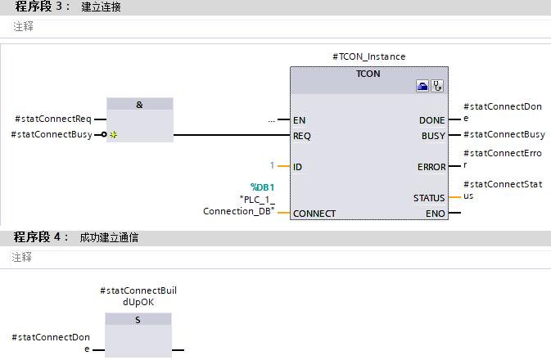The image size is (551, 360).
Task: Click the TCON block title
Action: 368,73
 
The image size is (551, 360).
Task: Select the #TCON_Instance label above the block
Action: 368,56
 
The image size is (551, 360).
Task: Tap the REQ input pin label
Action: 302,135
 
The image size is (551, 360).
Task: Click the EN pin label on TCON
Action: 299,120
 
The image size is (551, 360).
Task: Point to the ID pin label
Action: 298,167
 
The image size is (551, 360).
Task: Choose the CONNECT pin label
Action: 314,214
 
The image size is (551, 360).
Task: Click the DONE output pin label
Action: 432,120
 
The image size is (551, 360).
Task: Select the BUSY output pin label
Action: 433,135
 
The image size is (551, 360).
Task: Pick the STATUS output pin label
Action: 429,198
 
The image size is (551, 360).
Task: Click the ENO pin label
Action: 436,214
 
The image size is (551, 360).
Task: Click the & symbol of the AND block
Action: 139,105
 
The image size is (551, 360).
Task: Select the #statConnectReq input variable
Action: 54,120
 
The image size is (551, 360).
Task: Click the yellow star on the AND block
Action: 114,135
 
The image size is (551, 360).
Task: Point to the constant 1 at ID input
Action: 273,166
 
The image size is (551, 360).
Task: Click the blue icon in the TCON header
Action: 422,86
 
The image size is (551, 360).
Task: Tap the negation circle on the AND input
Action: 103,135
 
